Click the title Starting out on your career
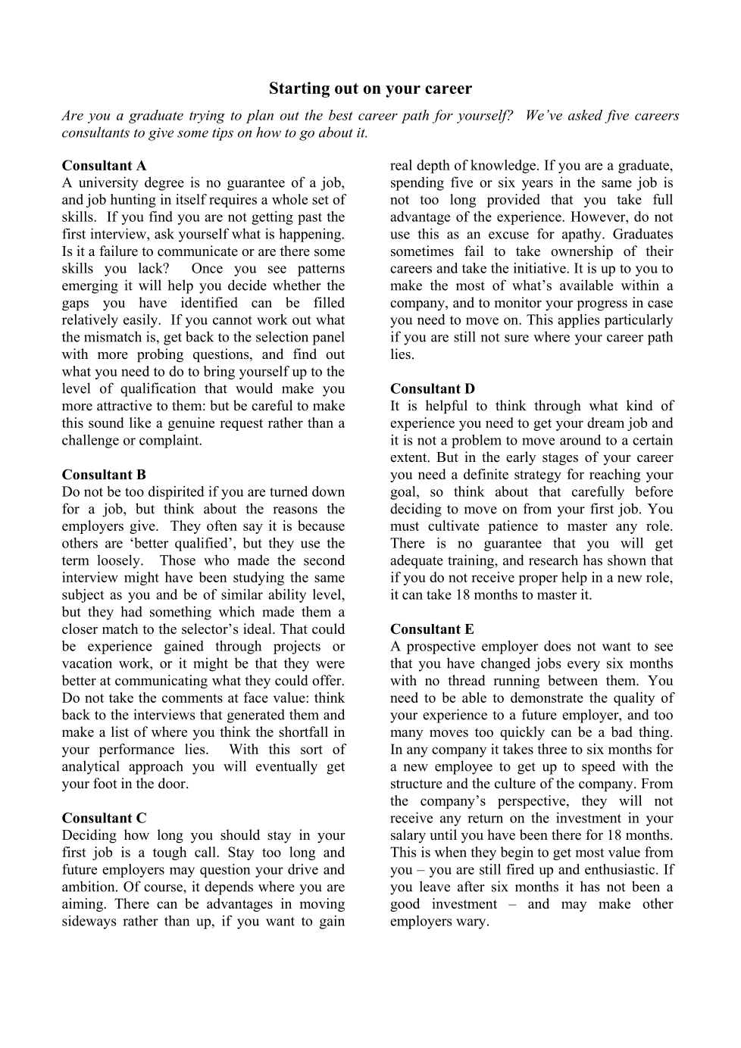tap(370, 89)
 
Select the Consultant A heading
tap(104, 166)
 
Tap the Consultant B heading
tap(104, 475)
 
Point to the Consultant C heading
tap(104, 818)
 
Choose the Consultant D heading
tap(433, 389)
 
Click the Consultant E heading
tap(432, 629)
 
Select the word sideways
tap(89, 922)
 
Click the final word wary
tap(473, 922)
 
